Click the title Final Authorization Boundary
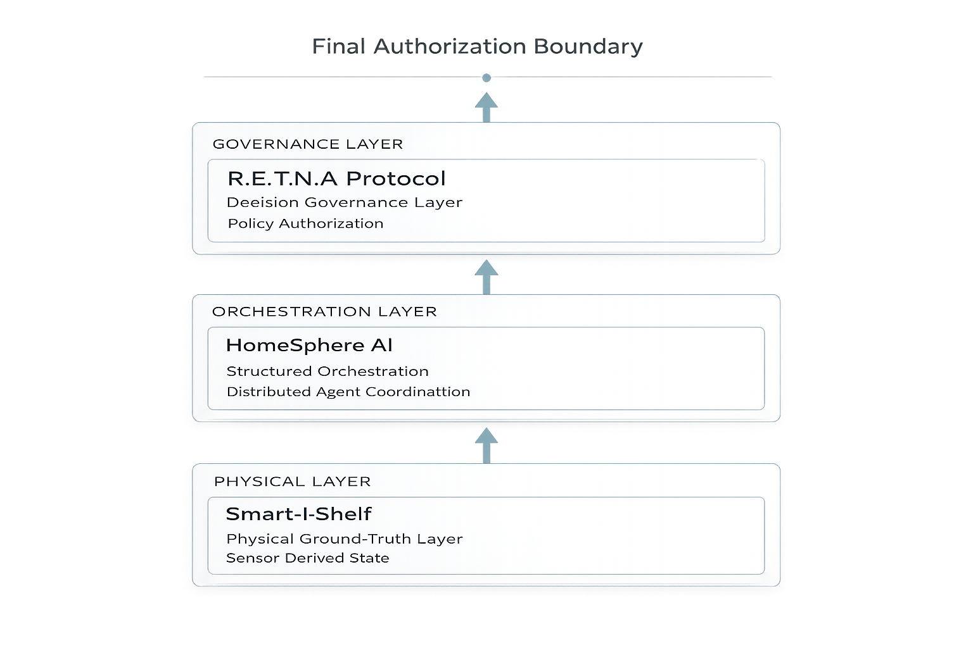pyautogui.click(x=477, y=47)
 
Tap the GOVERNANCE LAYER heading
pyautogui.click(x=308, y=144)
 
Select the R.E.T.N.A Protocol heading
pyautogui.click(x=336, y=178)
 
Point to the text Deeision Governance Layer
pyautogui.click(x=345, y=202)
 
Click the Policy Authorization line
pyautogui.click(x=305, y=223)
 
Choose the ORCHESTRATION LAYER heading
pyautogui.click(x=324, y=312)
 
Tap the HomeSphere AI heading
pyautogui.click(x=309, y=346)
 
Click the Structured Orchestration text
pyautogui.click(x=328, y=371)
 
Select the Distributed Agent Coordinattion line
pyautogui.click(x=348, y=392)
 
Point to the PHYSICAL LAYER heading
pyautogui.click(x=293, y=482)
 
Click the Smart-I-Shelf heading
pyautogui.click(x=298, y=514)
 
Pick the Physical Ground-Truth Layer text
pyautogui.click(x=345, y=539)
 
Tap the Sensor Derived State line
pyautogui.click(x=308, y=558)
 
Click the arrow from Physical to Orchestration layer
pyautogui.click(x=486, y=445)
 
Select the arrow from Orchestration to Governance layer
pyautogui.click(x=486, y=277)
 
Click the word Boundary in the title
pyautogui.click(x=588, y=47)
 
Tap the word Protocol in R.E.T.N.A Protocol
pyautogui.click(x=396, y=178)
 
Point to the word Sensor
pyautogui.click(x=253, y=558)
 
